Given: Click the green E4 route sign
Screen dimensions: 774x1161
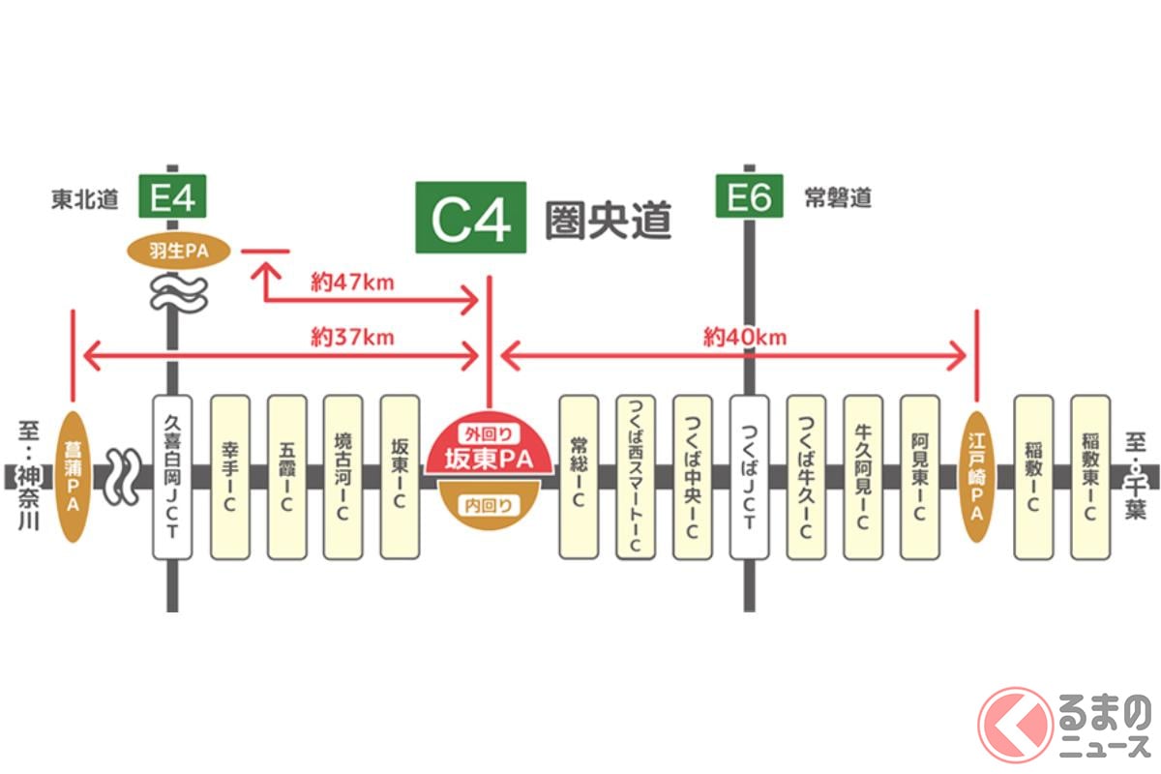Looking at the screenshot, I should coord(175,197).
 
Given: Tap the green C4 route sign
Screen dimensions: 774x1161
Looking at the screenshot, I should coord(470,219).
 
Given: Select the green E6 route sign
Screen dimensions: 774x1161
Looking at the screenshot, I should coord(749,197).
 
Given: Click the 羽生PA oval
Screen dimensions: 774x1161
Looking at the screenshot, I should coord(179,252).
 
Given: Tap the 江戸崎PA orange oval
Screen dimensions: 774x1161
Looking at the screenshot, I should coord(976,476).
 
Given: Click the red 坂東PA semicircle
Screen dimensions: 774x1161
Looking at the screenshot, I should coord(489,450).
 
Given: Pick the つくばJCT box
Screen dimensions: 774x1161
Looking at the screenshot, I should coord(749,476).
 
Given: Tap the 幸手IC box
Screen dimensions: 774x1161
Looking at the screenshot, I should coord(230,476).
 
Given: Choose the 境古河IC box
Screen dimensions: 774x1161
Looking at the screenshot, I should coord(343,476).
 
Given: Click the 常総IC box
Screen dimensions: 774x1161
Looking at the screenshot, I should coord(579,476).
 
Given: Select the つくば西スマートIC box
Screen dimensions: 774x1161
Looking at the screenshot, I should coord(636,476).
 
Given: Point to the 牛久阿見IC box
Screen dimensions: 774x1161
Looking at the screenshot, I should coord(863,476).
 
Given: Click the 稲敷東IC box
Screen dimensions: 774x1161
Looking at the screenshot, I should coord(1090,476).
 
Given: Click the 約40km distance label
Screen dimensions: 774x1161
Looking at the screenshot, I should coord(745,337).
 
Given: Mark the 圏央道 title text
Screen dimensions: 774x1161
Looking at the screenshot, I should coord(608,219).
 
